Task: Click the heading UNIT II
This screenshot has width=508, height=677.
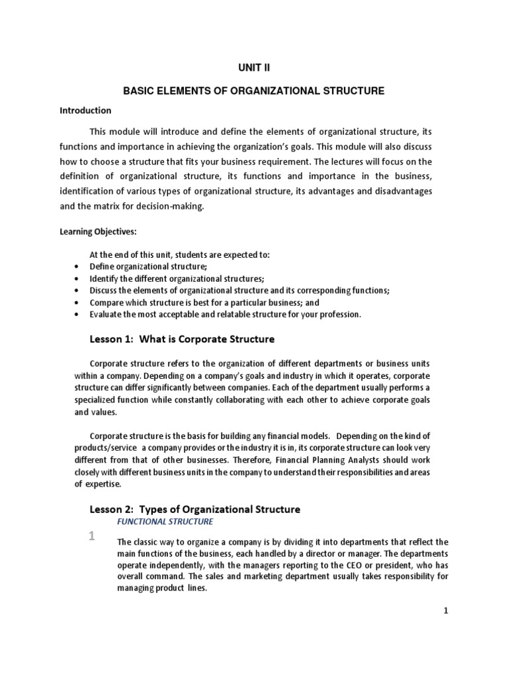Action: (254, 67)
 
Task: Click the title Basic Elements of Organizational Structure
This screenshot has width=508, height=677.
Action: (254, 91)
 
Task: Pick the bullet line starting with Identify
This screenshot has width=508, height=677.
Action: (167, 278)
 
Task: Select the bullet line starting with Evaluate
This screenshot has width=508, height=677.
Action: (225, 314)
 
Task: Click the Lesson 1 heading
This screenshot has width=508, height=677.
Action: (181, 339)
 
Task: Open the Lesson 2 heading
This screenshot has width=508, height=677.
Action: (194, 509)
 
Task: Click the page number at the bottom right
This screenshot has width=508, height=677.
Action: (446, 612)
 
